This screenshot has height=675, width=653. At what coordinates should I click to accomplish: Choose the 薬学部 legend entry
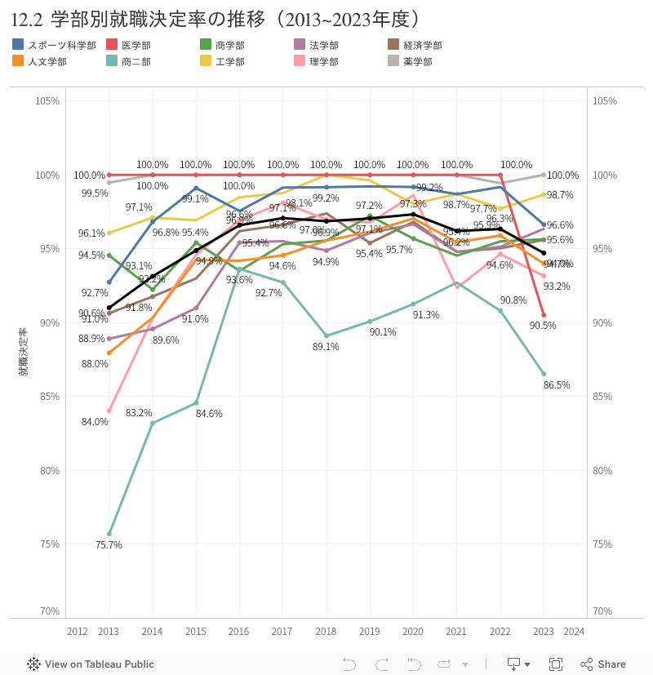(x=417, y=61)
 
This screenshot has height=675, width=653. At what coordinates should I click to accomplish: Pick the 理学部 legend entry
(x=323, y=61)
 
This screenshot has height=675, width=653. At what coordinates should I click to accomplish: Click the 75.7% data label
(x=109, y=545)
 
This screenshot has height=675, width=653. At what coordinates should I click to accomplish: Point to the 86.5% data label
(x=557, y=384)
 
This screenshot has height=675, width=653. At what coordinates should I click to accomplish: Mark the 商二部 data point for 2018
(x=326, y=335)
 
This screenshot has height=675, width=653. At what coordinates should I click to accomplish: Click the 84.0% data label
(x=95, y=422)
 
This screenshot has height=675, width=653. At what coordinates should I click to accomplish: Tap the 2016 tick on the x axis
(x=238, y=632)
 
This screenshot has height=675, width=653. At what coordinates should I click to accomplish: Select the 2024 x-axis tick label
(x=574, y=632)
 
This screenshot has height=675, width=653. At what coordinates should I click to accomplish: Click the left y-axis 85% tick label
(x=47, y=397)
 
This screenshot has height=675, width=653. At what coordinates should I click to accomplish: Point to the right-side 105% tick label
(x=604, y=101)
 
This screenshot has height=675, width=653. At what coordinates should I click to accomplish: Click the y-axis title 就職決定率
(x=24, y=351)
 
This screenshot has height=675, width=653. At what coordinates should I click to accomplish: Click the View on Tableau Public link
(x=91, y=664)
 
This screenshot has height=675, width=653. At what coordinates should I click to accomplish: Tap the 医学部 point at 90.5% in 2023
(x=544, y=315)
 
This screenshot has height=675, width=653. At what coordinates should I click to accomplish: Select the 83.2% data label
(x=139, y=413)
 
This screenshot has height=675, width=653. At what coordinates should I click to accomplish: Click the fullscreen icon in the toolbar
(x=556, y=664)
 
